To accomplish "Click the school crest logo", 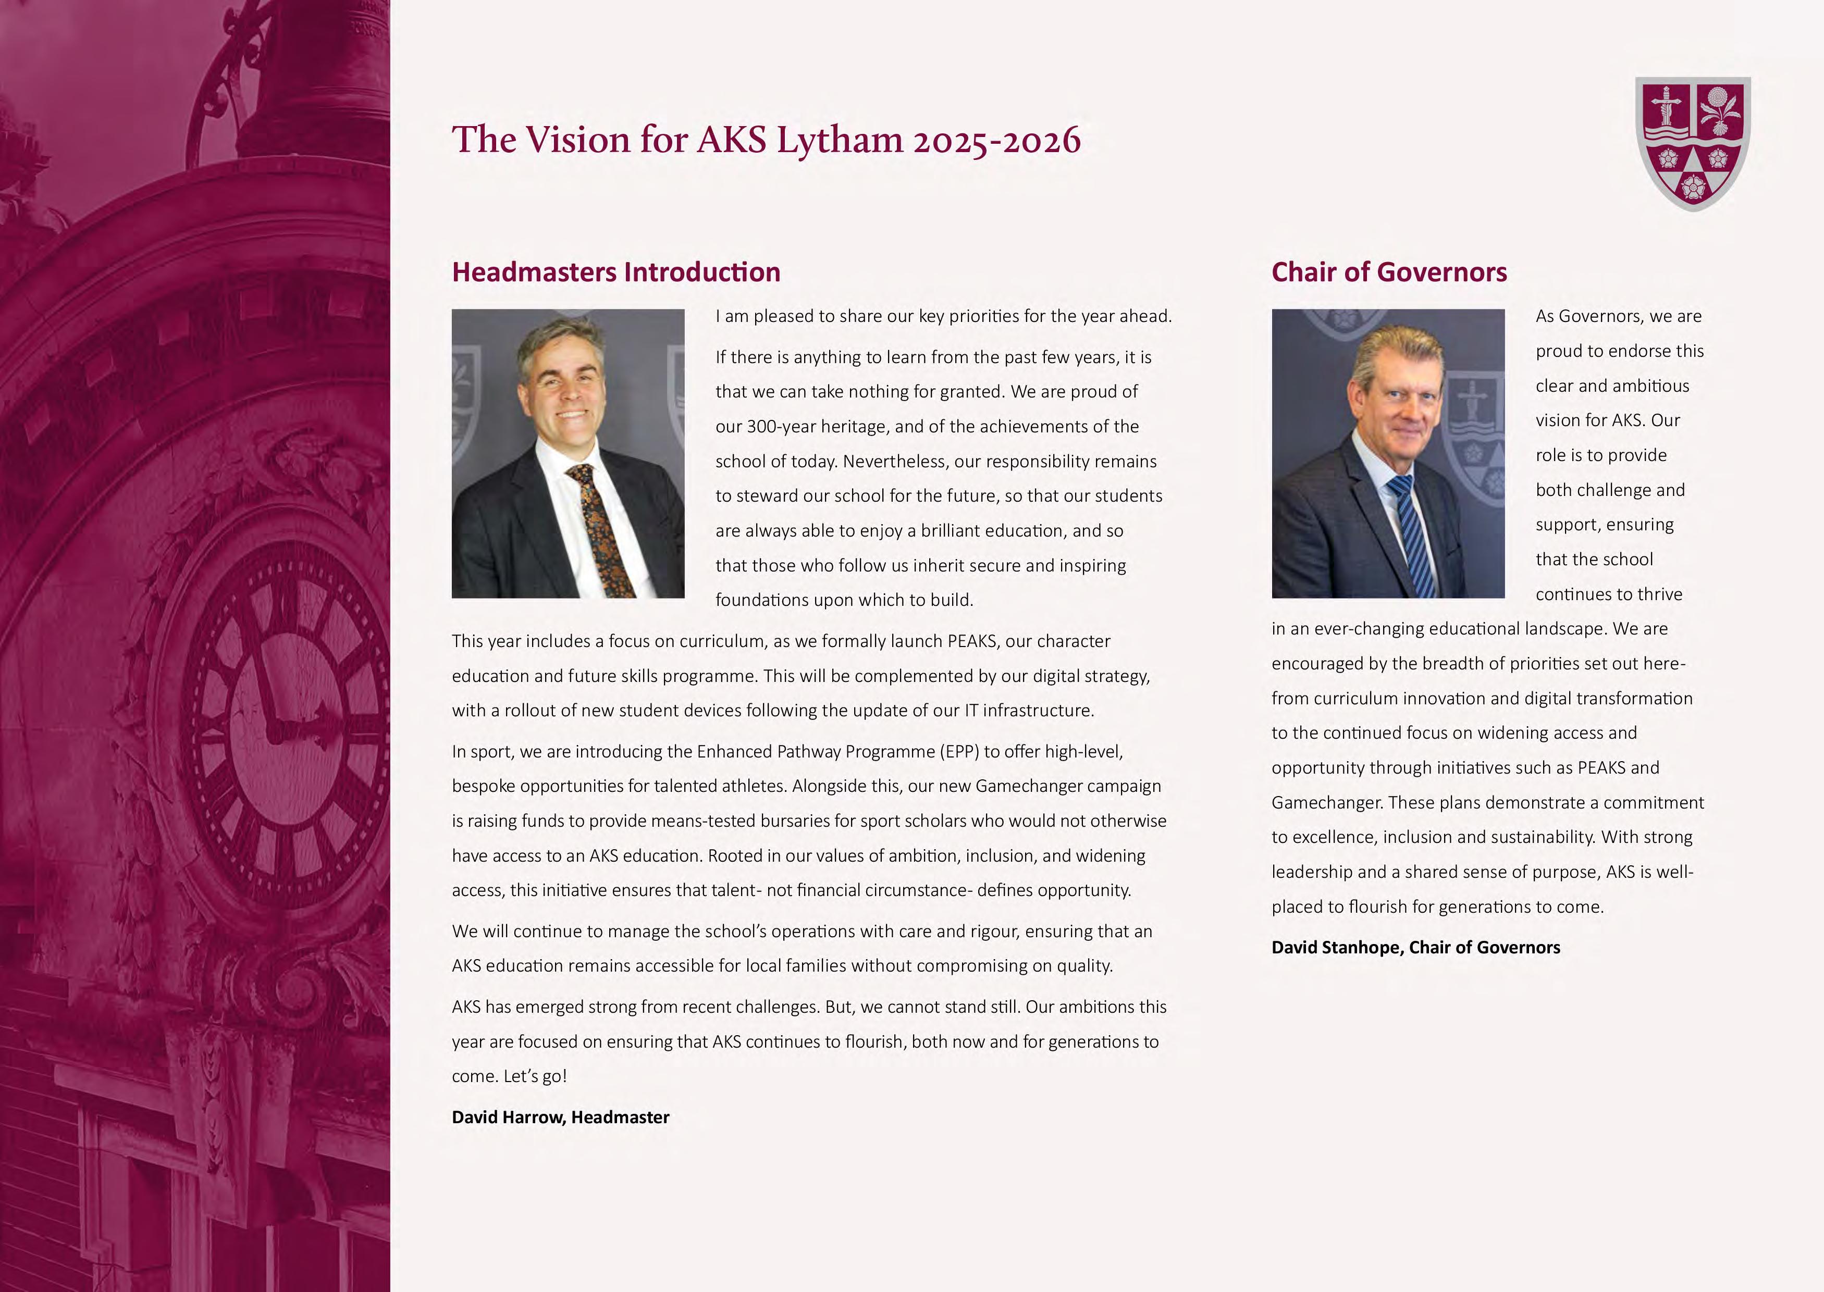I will (1692, 143).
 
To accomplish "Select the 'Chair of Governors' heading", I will (1389, 272).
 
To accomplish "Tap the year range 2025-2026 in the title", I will (996, 140).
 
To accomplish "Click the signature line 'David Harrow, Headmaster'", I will (560, 1117).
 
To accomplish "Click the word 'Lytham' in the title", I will (840, 140).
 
